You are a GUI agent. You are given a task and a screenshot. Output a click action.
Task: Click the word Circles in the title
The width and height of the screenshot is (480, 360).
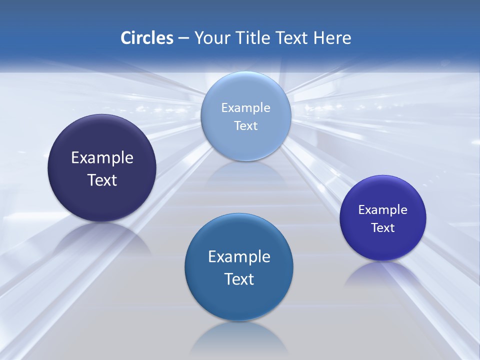146,38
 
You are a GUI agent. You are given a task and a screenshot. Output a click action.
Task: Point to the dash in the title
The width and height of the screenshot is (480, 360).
183,38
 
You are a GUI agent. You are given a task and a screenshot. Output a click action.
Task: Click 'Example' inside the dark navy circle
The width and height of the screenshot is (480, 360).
102,158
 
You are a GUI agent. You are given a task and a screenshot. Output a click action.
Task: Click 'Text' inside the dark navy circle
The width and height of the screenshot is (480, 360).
102,180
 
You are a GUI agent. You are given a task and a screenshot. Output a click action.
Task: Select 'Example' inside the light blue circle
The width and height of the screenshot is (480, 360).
245,107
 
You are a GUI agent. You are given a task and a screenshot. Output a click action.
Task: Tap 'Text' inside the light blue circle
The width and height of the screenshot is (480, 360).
245,125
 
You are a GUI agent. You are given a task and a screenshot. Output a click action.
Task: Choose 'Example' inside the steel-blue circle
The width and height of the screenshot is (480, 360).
239,256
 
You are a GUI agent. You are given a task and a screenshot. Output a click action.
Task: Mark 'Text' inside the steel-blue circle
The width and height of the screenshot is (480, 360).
239,279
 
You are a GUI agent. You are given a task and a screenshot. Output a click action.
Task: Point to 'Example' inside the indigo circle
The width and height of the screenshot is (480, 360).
383,209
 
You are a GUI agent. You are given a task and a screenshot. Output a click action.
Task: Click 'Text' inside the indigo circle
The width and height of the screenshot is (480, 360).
383,228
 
